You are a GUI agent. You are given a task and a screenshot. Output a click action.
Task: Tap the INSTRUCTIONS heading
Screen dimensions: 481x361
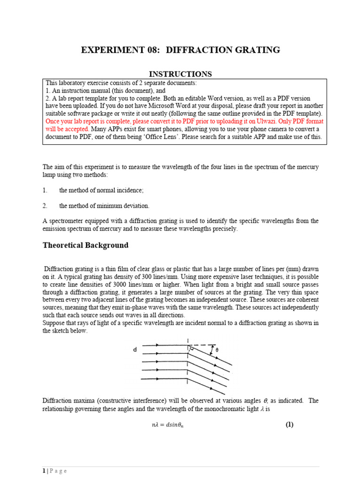tap(180, 74)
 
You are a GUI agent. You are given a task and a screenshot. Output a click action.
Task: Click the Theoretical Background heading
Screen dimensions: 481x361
tap(86, 245)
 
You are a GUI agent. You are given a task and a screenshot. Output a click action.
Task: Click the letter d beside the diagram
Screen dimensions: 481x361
tap(135, 349)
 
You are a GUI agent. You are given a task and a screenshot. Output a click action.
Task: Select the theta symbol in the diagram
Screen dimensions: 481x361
tap(217, 350)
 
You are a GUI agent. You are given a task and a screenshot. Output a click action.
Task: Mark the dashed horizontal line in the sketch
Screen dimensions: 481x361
tap(202, 345)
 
